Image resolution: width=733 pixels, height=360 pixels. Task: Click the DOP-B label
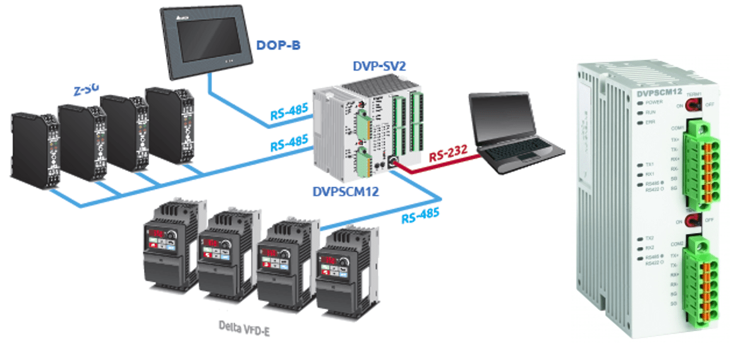coord(277,45)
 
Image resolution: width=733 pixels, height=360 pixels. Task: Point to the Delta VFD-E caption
coord(239,326)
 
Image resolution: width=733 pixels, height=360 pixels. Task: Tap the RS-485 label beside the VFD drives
coord(420,215)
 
